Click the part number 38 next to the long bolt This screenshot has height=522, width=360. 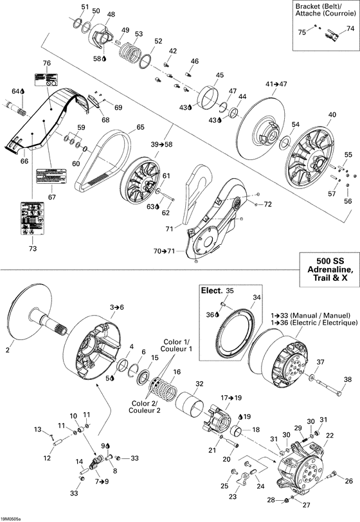(x=348, y=380)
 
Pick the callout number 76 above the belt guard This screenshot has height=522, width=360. (x=46, y=63)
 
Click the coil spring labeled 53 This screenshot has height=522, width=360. (x=131, y=50)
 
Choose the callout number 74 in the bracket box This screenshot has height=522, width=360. (x=350, y=28)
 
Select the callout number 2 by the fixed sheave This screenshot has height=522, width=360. (x=8, y=350)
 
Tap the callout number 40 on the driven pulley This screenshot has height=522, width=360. (x=332, y=115)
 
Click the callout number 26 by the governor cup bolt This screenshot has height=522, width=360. (x=349, y=481)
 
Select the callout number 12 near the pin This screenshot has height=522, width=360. (x=46, y=458)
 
